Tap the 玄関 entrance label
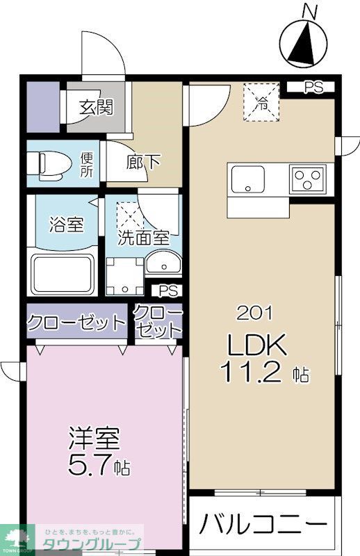pyautogui.click(x=96, y=107)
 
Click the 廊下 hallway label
pyautogui.click(x=145, y=163)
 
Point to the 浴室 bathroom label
pyautogui.click(x=66, y=225)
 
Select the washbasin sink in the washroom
pyautogui.click(x=163, y=265)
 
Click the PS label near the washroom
pyautogui.click(x=167, y=291)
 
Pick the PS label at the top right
pyautogui.click(x=315, y=88)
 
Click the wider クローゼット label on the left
pyautogui.click(x=77, y=322)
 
